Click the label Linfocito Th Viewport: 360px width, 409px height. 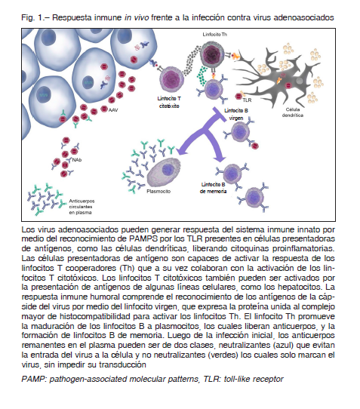(214, 35)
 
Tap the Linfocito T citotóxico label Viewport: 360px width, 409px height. (169, 103)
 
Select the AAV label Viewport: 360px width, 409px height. (113, 110)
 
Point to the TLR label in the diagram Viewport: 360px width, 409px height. (247, 100)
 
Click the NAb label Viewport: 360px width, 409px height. (77, 160)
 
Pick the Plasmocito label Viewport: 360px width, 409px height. (158, 192)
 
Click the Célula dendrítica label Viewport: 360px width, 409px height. (292, 112)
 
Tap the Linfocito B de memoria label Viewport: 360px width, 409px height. (213, 188)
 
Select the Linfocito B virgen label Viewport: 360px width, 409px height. (236, 114)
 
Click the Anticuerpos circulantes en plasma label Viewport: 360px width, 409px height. (82, 207)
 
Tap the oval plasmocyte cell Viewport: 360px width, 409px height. (164, 172)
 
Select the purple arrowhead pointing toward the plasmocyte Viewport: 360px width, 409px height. (182, 150)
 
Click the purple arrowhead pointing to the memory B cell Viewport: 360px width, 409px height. (221, 158)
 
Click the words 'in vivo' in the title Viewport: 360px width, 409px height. (137, 18)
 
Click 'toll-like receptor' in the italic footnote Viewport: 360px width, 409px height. (254, 379)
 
